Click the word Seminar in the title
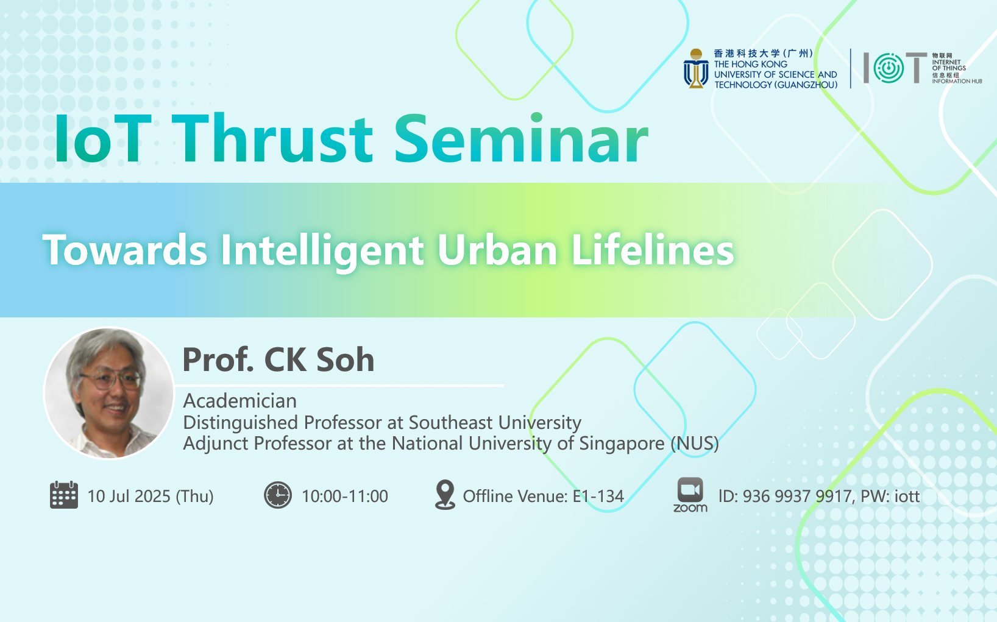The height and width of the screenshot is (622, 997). pos(521,138)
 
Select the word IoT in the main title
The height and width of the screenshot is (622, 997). pos(103,140)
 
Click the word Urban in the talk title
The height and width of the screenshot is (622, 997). pos(497,250)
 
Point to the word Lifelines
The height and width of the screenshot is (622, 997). pos(653,250)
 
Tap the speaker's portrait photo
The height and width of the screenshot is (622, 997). pos(108,394)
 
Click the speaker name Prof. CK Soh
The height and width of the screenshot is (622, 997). pos(279,359)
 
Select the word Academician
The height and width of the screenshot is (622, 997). pos(240,401)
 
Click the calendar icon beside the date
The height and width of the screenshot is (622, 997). pos(64,495)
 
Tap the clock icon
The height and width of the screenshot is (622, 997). pos(278,495)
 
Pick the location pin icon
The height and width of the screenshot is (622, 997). pos(445,495)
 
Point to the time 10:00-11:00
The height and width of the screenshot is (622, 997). pos(345,496)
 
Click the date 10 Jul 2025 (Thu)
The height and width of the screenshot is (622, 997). pos(151,497)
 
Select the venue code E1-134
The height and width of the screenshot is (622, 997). pos(598,496)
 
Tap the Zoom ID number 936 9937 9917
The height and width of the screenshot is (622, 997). pos(797,496)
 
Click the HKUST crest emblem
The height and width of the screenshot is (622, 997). pos(696,68)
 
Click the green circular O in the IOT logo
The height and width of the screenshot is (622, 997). pos(889,68)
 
